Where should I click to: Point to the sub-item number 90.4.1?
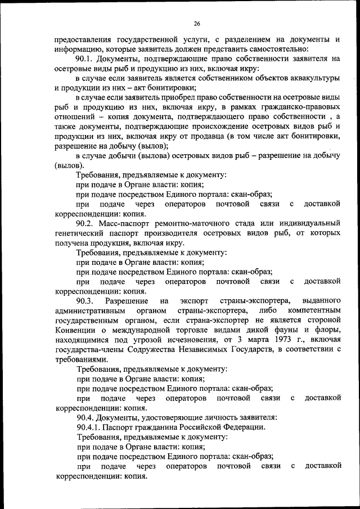91,426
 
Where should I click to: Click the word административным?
91,310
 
